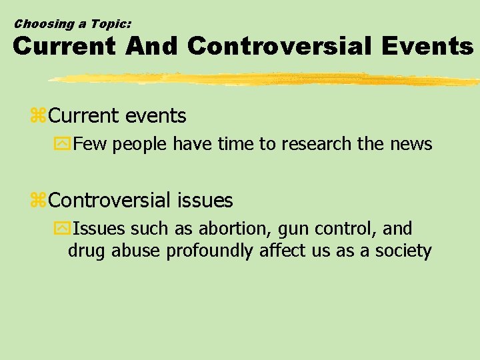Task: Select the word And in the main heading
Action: tap(151, 46)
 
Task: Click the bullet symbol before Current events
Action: tap(38, 117)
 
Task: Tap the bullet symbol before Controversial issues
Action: tap(38, 201)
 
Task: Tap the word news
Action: tap(413, 143)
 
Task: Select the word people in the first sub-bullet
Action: tap(141, 144)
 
